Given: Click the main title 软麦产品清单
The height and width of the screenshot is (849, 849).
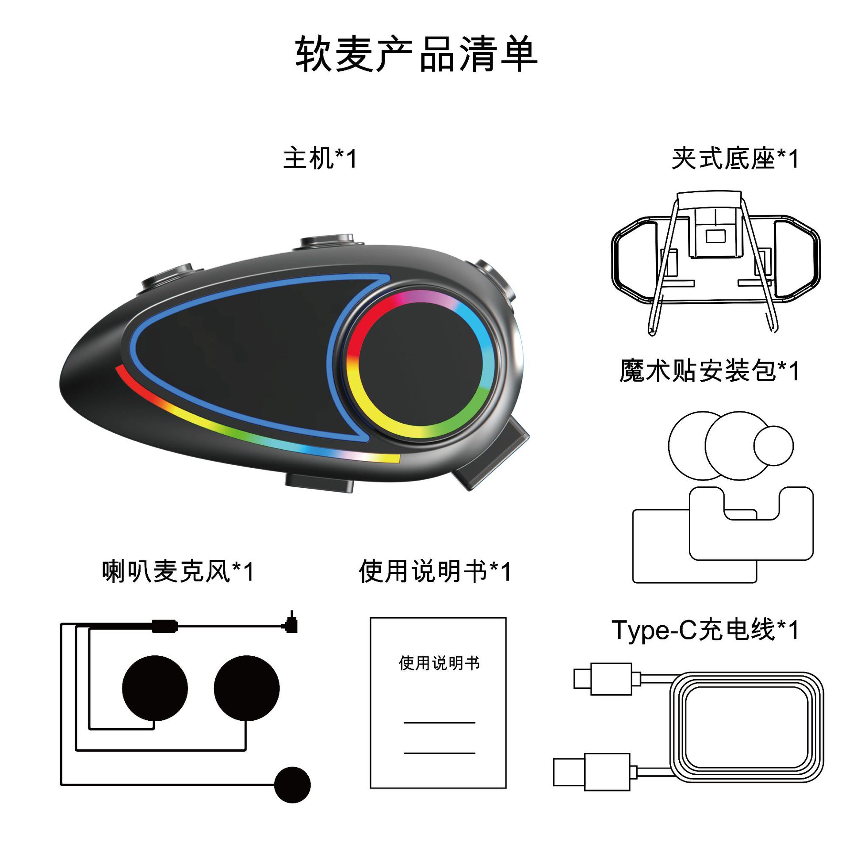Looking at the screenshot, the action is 416,54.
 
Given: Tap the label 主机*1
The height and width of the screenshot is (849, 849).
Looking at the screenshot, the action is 320,158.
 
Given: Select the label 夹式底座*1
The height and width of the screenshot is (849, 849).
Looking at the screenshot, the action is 735,158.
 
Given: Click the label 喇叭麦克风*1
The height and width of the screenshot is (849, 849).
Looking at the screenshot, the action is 178,571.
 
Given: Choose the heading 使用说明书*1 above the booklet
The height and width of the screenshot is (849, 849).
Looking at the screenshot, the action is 435,571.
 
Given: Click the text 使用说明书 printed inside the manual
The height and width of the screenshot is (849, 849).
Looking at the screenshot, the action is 439,663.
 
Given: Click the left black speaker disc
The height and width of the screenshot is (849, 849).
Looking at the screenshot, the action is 155,688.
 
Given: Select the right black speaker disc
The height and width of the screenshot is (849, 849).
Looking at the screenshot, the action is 246,688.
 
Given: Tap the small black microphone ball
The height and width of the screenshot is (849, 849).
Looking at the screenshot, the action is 292,785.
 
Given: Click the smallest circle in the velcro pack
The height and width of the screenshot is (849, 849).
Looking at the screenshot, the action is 773,446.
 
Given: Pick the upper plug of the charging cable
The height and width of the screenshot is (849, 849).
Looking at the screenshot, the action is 603,679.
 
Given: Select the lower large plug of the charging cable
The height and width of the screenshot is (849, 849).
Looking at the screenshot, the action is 592,772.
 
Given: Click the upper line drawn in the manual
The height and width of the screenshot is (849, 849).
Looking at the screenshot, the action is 439,723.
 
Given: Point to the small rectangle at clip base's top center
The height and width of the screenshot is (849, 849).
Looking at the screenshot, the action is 715,236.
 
